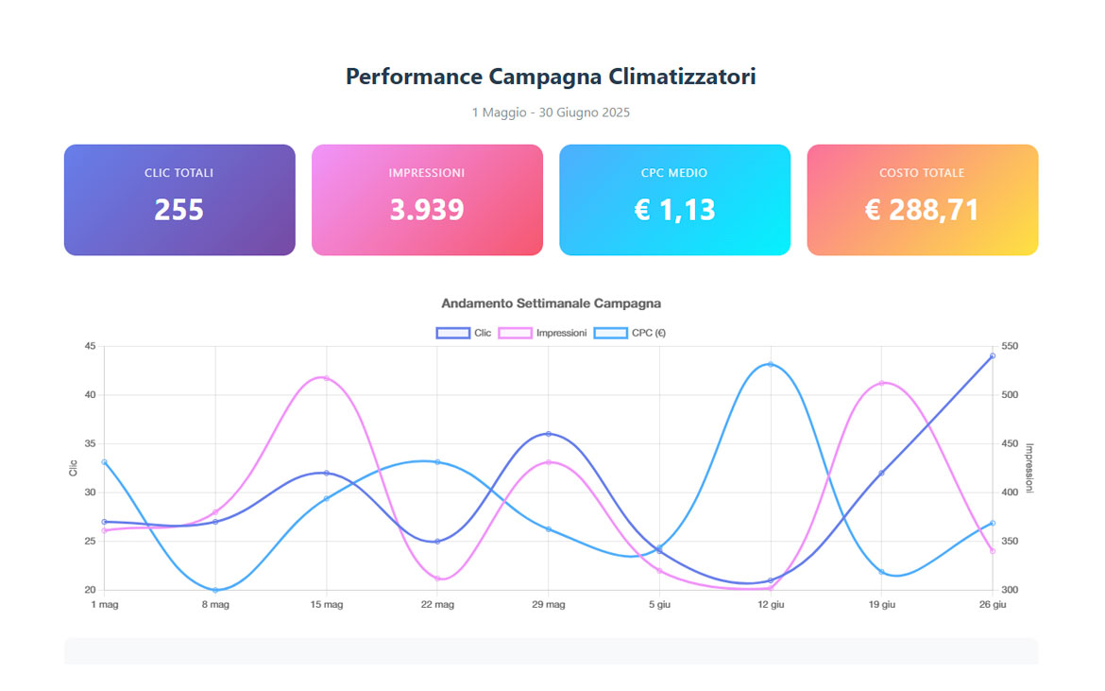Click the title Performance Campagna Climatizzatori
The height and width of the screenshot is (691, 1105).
(551, 77)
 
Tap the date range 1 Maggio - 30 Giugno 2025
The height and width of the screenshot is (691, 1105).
(551, 112)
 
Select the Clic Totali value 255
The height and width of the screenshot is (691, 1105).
(179, 209)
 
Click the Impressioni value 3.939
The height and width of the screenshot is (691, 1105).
(427, 209)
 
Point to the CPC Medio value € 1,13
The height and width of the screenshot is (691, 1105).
(674, 209)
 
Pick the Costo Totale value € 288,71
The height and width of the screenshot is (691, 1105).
(922, 209)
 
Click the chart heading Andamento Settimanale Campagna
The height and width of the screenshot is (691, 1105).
(551, 303)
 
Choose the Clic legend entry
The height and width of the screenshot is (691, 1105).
(464, 333)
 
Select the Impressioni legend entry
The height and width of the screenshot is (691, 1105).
(543, 333)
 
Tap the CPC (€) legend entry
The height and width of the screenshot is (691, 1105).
(630, 333)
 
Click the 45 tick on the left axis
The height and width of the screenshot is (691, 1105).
(90, 346)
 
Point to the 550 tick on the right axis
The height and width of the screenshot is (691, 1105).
(1011, 346)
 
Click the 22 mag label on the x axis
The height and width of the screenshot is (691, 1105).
(437, 604)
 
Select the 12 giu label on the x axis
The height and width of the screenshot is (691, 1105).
(771, 604)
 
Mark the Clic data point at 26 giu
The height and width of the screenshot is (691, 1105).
(993, 355)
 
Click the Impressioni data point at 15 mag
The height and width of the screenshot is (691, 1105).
(327, 378)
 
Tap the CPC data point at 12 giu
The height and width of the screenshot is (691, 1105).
(771, 365)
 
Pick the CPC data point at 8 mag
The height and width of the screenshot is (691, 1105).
(215, 590)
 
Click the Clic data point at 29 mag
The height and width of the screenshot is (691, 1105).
(549, 434)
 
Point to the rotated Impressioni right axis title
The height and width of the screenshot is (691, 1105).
(1029, 468)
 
